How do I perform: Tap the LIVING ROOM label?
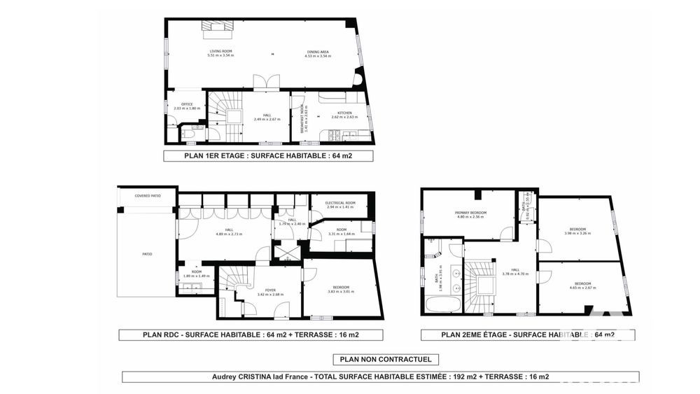point(220,53)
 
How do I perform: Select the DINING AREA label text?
point(317,53)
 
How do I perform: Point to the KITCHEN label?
point(344,114)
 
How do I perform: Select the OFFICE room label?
point(187,106)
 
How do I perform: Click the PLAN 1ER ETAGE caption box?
point(268,156)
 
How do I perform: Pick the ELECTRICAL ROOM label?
point(340,204)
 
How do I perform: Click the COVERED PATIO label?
point(148,196)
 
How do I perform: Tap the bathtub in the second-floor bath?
point(442,305)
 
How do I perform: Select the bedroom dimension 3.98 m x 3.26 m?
point(577,234)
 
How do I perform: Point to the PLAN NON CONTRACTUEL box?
point(389,360)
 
